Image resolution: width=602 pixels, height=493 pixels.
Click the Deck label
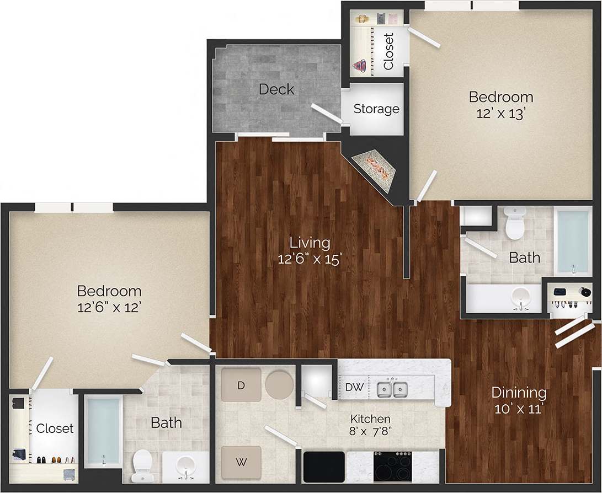(x=276, y=89)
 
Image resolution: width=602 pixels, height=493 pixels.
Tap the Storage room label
(x=376, y=109)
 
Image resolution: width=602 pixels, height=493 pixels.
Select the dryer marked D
(x=241, y=385)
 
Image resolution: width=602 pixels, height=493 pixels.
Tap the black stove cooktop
(x=392, y=467)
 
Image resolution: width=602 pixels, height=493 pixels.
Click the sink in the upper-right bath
(x=519, y=298)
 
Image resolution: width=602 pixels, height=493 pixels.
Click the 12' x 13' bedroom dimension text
(x=500, y=112)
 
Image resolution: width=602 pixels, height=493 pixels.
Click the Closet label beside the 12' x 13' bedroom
(x=388, y=52)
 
